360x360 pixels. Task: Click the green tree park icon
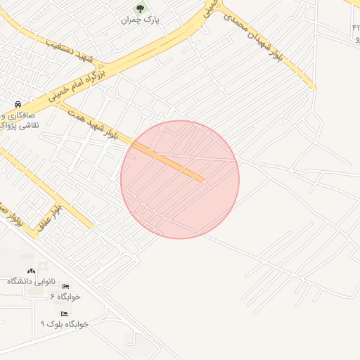tap(139, 9)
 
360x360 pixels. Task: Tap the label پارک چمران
tap(140, 20)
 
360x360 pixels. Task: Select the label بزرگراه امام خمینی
tap(79, 83)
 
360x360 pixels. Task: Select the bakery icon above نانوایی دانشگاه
tap(30, 271)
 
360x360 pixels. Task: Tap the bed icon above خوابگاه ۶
tap(66, 287)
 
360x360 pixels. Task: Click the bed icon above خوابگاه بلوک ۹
tap(64, 314)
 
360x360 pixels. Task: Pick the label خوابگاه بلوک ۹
tap(64, 324)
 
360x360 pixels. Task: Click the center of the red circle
tap(180, 179)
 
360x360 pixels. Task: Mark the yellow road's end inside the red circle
tap(201, 179)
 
